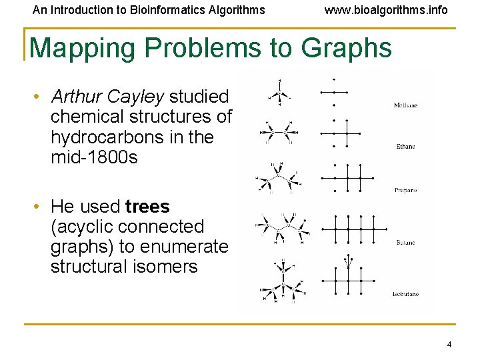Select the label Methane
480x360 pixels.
coord(405,105)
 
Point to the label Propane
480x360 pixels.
coord(405,190)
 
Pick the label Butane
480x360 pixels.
coord(405,243)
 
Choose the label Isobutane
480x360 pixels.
coord(405,294)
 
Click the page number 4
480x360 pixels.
coord(449,345)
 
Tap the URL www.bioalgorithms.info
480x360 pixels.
coord(386,10)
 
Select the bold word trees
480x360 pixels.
coord(147,207)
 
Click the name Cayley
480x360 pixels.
coord(139,97)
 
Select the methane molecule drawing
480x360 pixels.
coord(279,93)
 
